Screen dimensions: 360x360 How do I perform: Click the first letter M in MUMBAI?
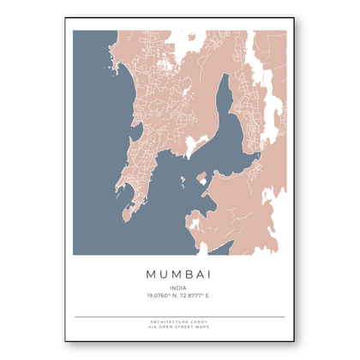pos(141,273)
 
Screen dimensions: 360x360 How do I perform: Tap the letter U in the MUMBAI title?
pos(156,273)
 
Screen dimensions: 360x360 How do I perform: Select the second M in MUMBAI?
pos(172,273)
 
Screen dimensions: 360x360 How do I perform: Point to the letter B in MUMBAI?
pos(189,273)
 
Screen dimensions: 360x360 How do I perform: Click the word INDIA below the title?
pos(179,288)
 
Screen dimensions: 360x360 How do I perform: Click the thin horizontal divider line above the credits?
pos(179,317)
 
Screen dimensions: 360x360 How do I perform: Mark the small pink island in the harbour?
pos(202,178)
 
